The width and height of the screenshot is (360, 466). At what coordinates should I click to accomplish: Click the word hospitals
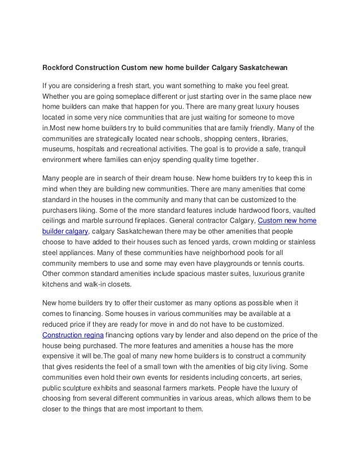[99, 150]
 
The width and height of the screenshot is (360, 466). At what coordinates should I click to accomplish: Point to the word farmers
[182, 388]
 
